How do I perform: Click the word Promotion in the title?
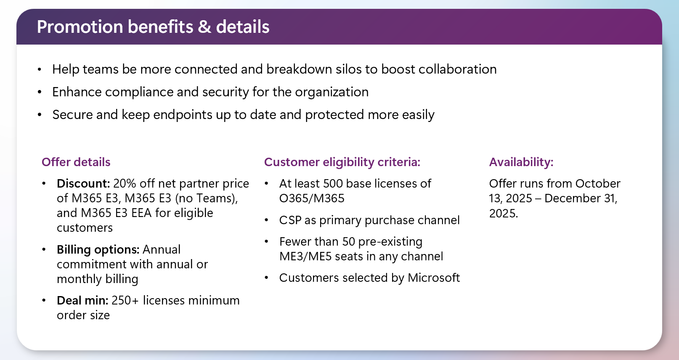[x=80, y=26]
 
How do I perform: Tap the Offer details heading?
[x=76, y=162]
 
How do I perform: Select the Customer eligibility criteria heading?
[x=342, y=162]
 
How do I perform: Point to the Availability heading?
[x=521, y=162]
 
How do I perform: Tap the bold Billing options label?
[x=98, y=250]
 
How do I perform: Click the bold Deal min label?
[x=82, y=301]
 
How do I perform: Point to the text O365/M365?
[x=312, y=199]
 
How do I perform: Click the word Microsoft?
[x=433, y=278]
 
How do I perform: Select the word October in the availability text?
[x=598, y=184]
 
